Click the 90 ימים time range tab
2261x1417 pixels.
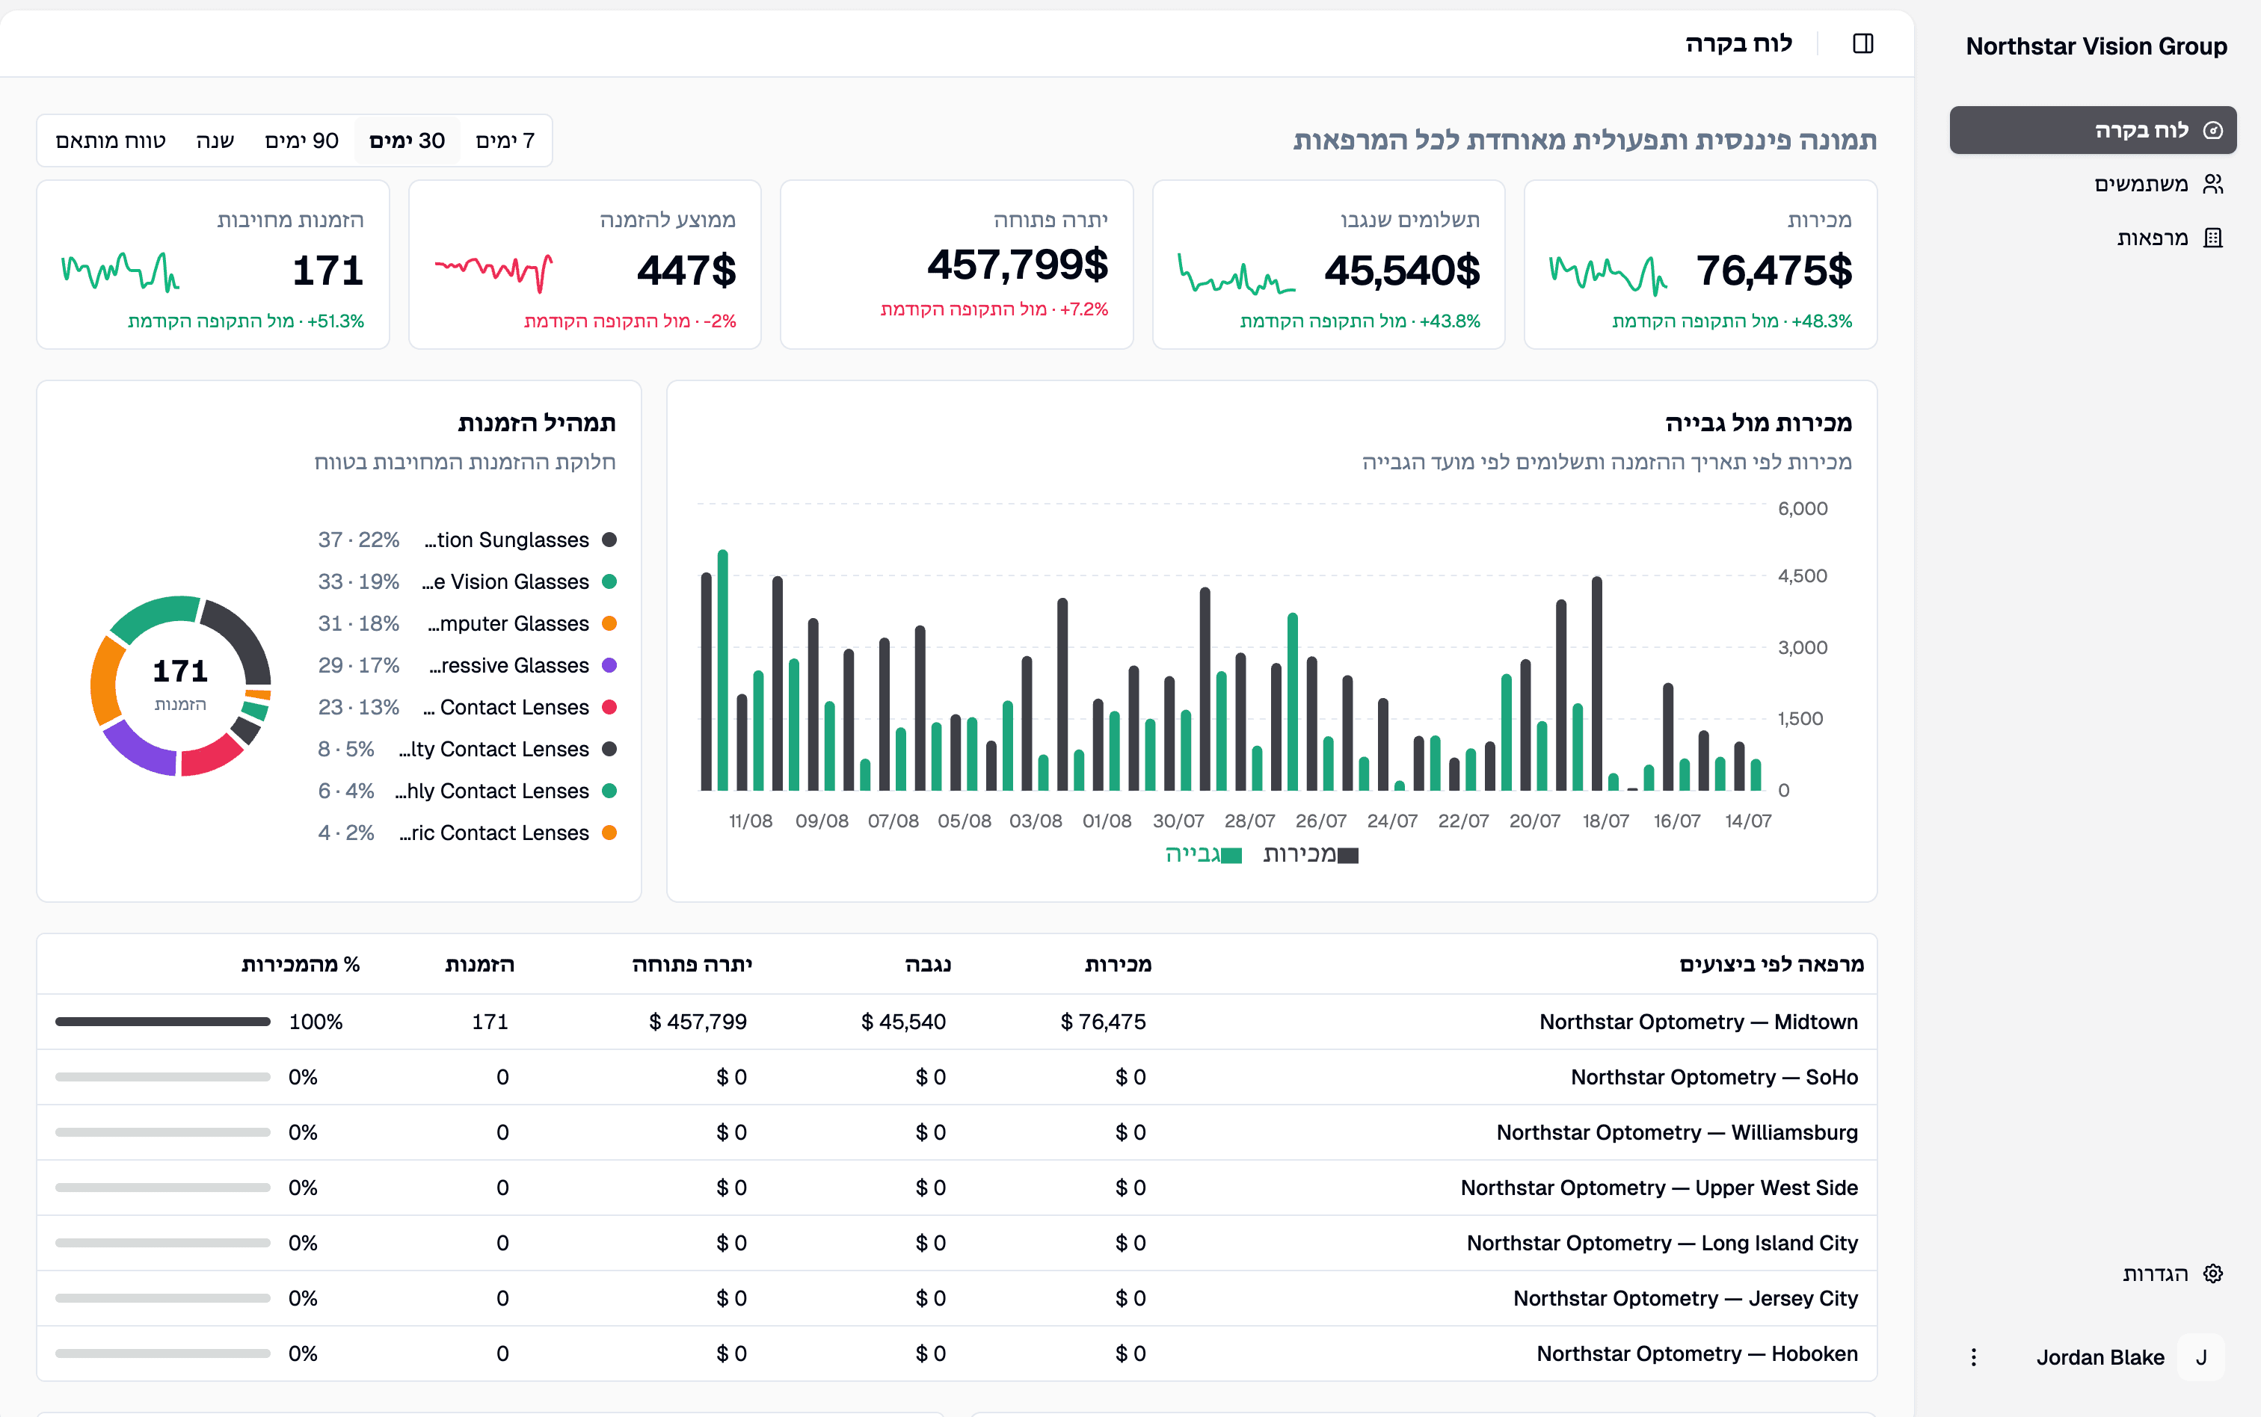[302, 141]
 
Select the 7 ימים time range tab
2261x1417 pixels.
[505, 141]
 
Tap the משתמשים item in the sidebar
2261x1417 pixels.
[2157, 184]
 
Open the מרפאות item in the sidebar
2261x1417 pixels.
[2168, 238]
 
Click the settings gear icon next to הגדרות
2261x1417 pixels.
[2212, 1274]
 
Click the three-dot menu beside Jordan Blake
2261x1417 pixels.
[1973, 1357]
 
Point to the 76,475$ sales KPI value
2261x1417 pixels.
[1774, 271]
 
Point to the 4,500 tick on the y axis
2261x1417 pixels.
[1802, 576]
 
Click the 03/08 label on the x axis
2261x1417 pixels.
[1035, 821]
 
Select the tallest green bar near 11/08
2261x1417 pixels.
[723, 670]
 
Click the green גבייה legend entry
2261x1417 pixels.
[1203, 853]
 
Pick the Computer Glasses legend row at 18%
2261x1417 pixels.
[467, 623]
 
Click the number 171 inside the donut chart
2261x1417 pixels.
[180, 671]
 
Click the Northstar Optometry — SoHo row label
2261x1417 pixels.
[1714, 1077]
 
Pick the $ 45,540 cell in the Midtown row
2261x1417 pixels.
[902, 1022]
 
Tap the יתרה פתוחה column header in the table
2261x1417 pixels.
[692, 964]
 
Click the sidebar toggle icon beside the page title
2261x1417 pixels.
[1862, 43]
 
